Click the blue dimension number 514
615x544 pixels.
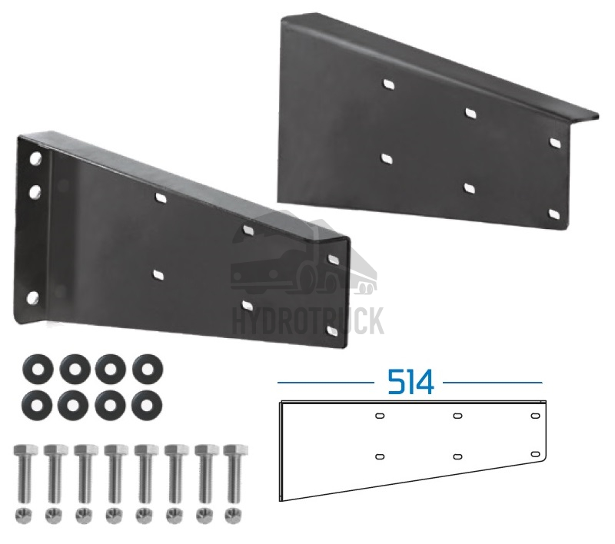pyautogui.click(x=411, y=382)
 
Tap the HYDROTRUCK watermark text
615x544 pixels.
pyautogui.click(x=309, y=321)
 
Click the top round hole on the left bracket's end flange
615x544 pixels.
pyautogui.click(x=35, y=158)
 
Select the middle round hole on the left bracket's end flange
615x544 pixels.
pyautogui.click(x=35, y=192)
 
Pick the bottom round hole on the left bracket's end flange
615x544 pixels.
pyautogui.click(x=32, y=297)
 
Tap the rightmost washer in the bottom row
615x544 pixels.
pyautogui.click(x=147, y=404)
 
